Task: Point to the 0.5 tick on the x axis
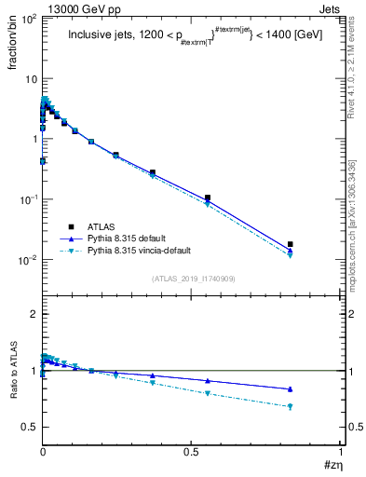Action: (191, 452)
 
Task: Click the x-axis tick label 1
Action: (340, 452)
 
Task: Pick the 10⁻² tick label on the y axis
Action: (28, 260)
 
